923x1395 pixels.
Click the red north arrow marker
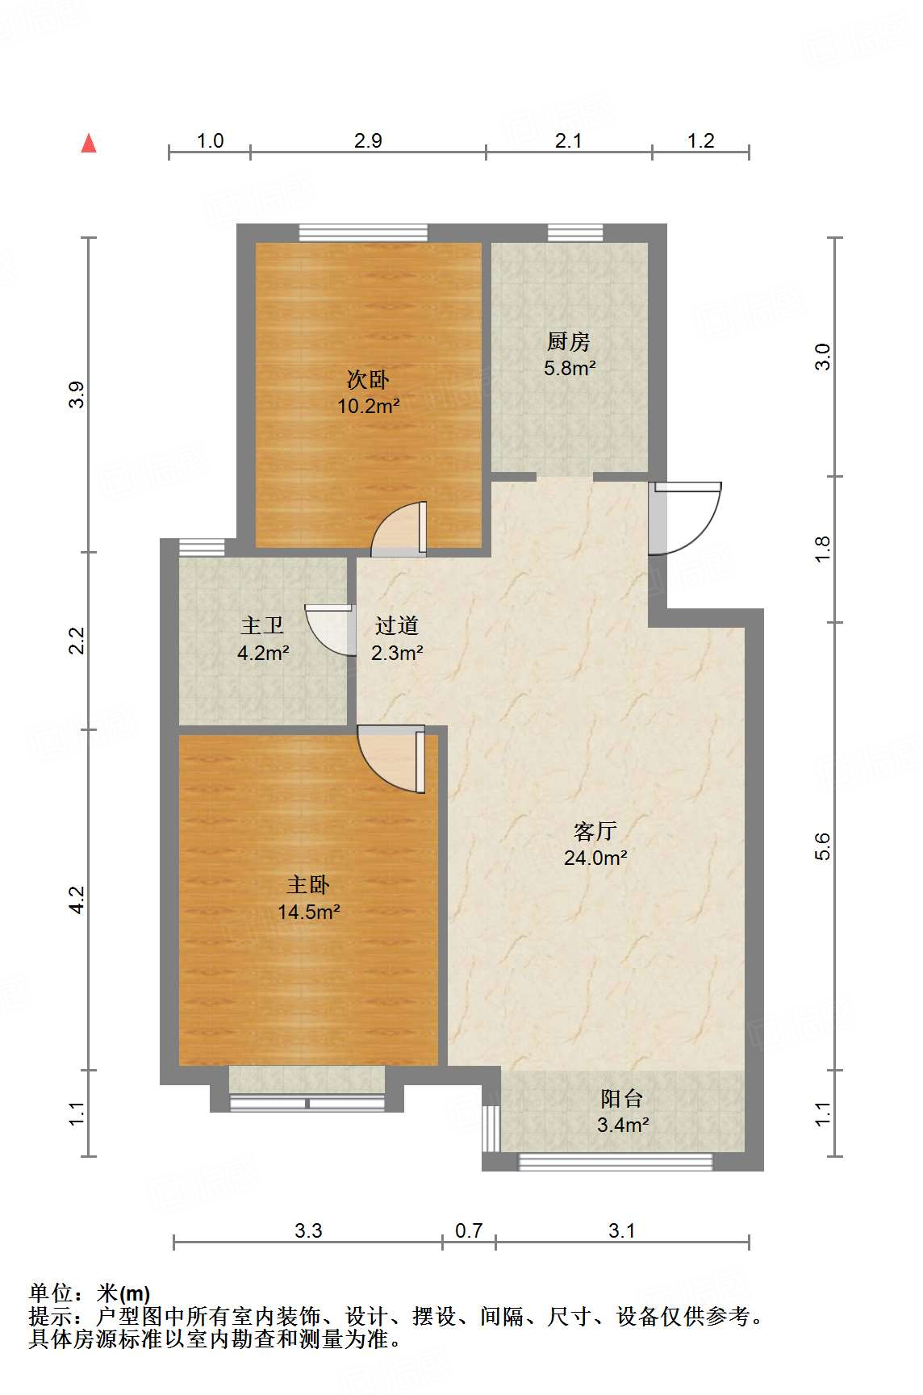(x=89, y=144)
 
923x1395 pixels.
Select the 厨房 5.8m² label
(x=569, y=355)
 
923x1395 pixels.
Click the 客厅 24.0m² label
(x=595, y=844)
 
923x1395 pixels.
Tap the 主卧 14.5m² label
(x=308, y=898)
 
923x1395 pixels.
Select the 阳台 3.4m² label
(x=622, y=1111)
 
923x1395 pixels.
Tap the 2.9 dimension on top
(x=368, y=140)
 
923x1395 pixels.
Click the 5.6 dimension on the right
(x=821, y=846)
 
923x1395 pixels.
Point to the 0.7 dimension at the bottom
(x=469, y=1230)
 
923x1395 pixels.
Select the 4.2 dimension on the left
(x=76, y=900)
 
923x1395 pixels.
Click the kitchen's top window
(x=575, y=233)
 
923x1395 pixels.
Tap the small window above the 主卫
(x=201, y=547)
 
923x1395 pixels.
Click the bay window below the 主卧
(x=307, y=1103)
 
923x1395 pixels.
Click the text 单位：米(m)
(x=90, y=1293)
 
